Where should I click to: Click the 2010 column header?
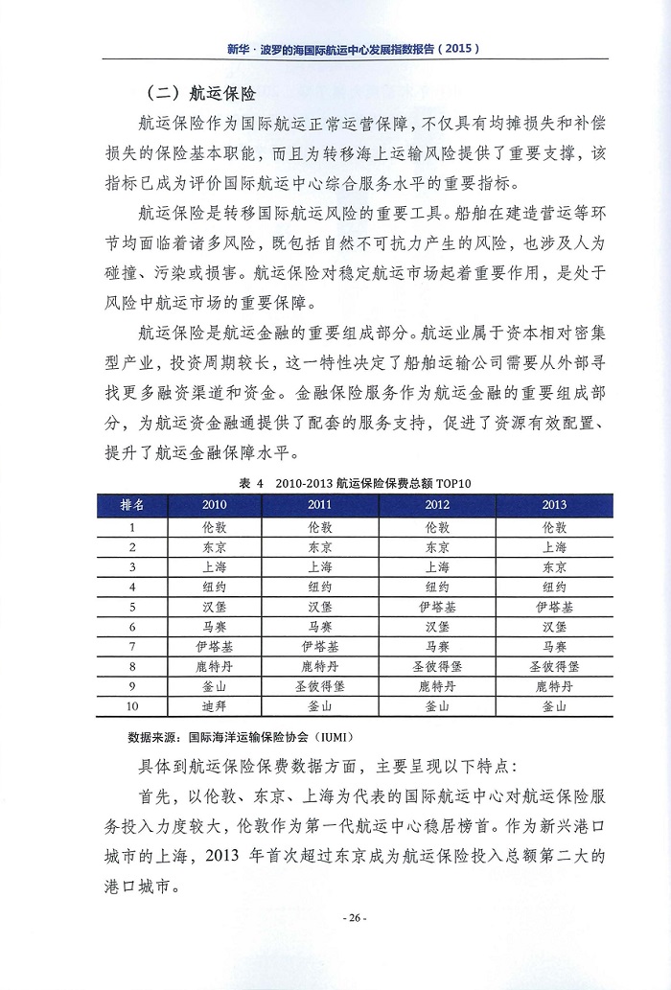215,505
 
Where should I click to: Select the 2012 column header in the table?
437,505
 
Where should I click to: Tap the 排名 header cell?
132,505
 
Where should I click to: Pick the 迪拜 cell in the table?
215,706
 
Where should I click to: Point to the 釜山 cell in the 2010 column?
215,687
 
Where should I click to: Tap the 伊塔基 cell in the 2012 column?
437,607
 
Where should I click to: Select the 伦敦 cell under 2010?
215,527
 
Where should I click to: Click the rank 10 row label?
132,706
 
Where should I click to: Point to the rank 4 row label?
132,587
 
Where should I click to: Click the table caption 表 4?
251,484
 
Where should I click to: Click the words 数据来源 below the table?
153,739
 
